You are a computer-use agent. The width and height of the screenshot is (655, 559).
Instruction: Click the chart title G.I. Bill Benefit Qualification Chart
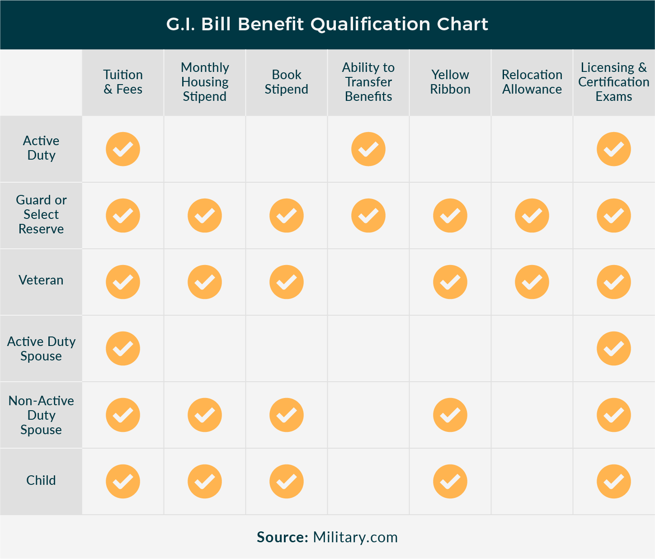327,24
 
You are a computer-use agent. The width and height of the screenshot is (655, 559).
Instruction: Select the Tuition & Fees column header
123,82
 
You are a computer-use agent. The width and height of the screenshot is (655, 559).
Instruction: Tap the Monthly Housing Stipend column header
205,82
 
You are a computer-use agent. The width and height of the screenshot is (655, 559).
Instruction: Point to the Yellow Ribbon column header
450,82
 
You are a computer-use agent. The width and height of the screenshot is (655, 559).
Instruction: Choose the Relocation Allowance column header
532,82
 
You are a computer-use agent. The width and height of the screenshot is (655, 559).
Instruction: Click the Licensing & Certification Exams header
613,82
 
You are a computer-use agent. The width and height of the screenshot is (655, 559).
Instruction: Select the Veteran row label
41,280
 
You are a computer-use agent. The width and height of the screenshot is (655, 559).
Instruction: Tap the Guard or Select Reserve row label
41,214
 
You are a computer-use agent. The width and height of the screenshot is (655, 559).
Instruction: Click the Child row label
41,480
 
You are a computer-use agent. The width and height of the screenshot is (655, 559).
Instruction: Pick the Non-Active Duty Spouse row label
41,415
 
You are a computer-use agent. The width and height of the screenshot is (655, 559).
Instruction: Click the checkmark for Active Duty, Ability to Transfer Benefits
368,149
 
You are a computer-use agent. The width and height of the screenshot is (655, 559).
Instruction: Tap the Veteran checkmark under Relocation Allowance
532,282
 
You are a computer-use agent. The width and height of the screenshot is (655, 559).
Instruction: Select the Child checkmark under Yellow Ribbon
450,481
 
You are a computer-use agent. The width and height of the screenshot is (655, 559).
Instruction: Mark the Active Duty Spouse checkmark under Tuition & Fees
123,348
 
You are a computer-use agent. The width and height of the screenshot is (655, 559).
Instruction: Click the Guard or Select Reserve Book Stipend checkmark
287,216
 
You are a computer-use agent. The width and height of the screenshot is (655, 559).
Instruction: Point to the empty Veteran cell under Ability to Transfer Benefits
368,282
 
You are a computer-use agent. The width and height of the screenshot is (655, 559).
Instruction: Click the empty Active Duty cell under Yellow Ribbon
450,149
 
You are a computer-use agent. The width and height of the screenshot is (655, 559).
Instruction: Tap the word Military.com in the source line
355,537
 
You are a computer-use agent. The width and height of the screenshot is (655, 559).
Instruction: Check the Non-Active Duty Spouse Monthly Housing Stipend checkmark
205,415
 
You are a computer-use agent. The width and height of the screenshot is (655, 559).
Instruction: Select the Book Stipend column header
287,82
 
